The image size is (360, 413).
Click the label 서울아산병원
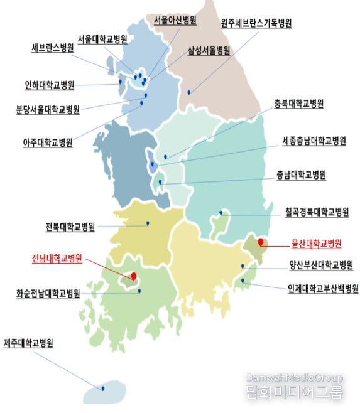tap(175, 21)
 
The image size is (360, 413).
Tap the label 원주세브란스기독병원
tap(256, 24)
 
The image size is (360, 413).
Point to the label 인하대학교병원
tap(49, 85)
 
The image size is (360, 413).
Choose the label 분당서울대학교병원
tap(48, 110)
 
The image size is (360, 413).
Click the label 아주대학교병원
tap(48, 142)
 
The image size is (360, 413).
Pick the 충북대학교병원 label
tap(299, 104)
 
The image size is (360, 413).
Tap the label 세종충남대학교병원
tap(314, 142)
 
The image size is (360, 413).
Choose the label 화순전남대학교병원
tap(48, 293)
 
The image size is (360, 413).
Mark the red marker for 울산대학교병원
tap(261, 241)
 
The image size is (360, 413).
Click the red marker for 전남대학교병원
tap(134, 275)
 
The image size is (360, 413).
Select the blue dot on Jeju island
tap(103, 388)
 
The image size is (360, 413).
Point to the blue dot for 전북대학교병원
tap(148, 223)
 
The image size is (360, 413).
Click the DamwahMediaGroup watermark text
tap(295, 378)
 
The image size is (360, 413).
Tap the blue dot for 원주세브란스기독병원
tap(188, 93)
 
